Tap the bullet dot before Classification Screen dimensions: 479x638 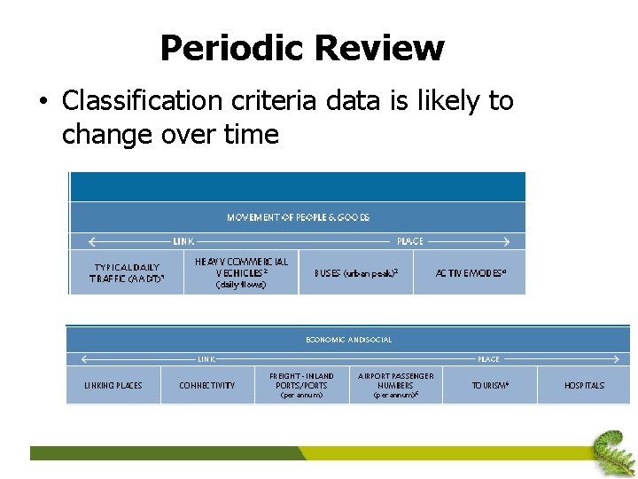42,102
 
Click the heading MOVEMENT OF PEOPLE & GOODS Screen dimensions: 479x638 298,217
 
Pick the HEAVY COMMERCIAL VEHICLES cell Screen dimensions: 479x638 241,271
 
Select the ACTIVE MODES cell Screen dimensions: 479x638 471,272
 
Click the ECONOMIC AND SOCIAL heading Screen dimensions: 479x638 348,340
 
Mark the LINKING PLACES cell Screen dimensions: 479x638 113,385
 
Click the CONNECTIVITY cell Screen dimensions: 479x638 206,385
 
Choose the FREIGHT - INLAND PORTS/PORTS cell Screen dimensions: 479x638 301,385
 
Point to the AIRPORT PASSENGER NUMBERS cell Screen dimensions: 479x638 395,385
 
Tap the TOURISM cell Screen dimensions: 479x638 490,385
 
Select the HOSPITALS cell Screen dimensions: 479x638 584,385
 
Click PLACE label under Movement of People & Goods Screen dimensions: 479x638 410,241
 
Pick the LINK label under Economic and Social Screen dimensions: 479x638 206,359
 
